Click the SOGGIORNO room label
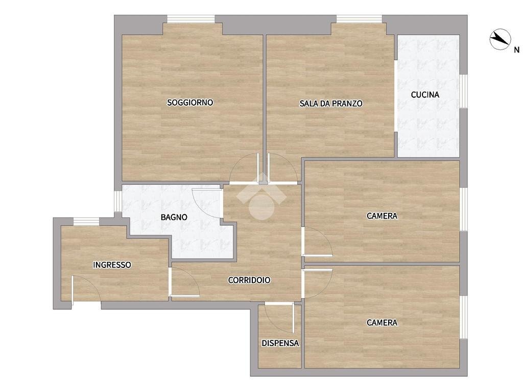pos(190,103)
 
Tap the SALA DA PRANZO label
pos(331,104)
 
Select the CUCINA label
pos(425,94)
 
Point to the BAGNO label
pos(174,217)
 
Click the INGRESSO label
pos(112,265)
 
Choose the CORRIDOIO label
pos(249,280)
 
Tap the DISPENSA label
pos(280,344)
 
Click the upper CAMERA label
pos(382,216)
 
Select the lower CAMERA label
pos(382,323)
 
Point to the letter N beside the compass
pos(516,50)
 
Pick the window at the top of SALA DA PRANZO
pos(359,19)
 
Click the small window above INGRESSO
pos(86,221)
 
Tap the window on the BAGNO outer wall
pos(117,201)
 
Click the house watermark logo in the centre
pos(261,199)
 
